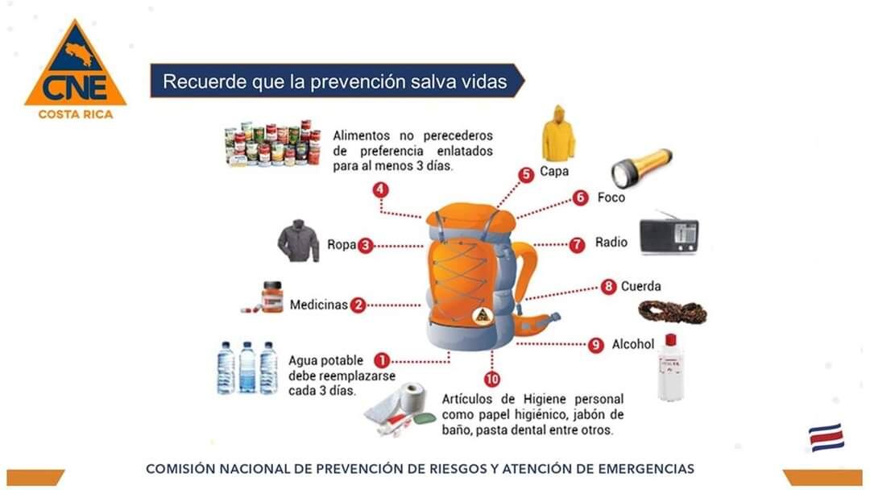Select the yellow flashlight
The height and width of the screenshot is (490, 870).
tap(641, 167)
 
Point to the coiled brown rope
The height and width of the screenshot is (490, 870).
tap(673, 313)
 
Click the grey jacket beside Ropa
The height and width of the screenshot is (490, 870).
tap(299, 241)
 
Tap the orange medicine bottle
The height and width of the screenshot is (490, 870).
tap(272, 297)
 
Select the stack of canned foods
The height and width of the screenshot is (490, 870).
tap(272, 143)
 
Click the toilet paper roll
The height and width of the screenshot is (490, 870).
tap(412, 398)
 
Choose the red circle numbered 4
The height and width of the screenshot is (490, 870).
tap(380, 189)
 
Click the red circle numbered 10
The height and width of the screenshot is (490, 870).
tap(492, 379)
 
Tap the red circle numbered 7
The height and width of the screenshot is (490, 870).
tap(577, 244)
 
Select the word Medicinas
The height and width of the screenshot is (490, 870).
tap(318, 305)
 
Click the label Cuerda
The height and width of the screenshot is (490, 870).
tap(641, 286)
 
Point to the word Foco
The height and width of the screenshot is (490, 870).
tap(611, 197)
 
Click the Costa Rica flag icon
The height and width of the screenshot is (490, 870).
tap(826, 438)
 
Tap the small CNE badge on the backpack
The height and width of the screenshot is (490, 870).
tap(483, 315)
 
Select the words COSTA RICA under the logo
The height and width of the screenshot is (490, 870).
tap(76, 114)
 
